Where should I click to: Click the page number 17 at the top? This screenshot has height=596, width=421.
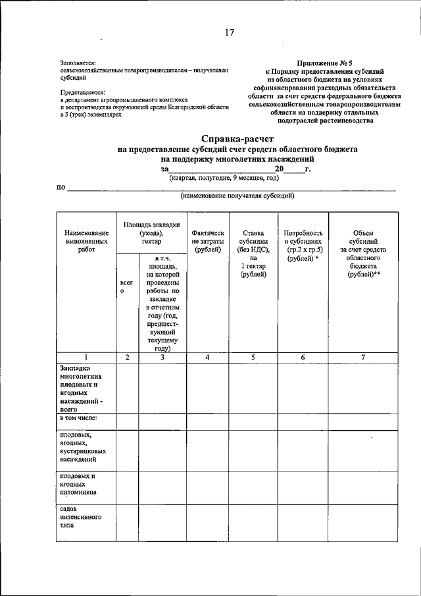[229, 33]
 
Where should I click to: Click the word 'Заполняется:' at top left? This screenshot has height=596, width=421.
[78, 62]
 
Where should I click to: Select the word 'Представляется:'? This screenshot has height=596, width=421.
[82, 92]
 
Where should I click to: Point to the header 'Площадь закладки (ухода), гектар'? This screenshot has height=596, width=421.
[151, 233]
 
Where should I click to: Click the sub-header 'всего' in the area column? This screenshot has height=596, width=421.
[127, 286]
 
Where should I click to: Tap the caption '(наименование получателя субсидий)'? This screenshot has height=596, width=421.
[237, 196]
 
